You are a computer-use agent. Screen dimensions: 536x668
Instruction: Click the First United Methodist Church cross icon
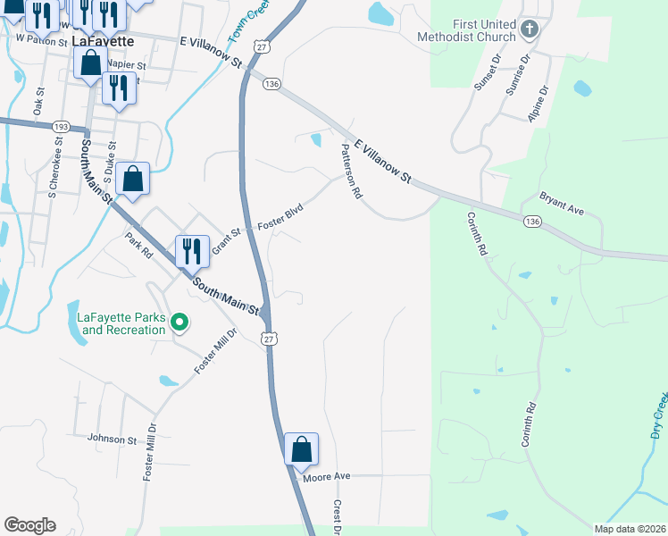pyautogui.click(x=529, y=30)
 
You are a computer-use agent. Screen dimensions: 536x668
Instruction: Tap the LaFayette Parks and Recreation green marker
pyautogui.click(x=180, y=322)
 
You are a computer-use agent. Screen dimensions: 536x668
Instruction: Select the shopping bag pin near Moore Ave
pyautogui.click(x=301, y=449)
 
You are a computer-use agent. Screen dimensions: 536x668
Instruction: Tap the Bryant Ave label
pyautogui.click(x=561, y=204)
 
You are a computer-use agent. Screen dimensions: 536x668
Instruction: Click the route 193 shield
pyautogui.click(x=61, y=126)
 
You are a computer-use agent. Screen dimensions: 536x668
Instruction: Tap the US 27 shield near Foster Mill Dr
pyautogui.click(x=268, y=338)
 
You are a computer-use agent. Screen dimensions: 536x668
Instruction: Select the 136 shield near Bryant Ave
pyautogui.click(x=532, y=221)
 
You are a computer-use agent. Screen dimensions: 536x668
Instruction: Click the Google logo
pyautogui.click(x=29, y=525)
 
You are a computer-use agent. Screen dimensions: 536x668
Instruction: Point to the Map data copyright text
pyautogui.click(x=630, y=529)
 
